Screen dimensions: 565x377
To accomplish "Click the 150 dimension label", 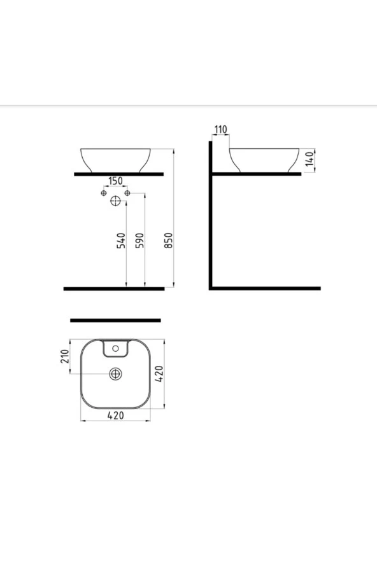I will [x=115, y=181].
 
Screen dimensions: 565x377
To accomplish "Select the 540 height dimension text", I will [x=121, y=241].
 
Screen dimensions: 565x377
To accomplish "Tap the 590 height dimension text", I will [x=140, y=241].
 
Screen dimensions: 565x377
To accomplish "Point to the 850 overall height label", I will [x=169, y=241].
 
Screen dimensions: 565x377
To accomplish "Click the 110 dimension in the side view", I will [x=220, y=130].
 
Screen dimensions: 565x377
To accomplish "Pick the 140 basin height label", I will [x=309, y=160].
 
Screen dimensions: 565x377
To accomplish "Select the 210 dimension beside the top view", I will [x=64, y=357].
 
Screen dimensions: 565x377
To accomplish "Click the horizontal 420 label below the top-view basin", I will [x=115, y=415].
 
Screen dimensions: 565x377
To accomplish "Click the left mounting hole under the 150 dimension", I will [x=104, y=193].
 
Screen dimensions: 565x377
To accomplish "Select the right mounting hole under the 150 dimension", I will [x=127, y=193].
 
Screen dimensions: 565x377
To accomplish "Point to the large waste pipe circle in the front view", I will [x=115, y=201].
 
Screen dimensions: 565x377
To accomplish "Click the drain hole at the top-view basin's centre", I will [x=115, y=374].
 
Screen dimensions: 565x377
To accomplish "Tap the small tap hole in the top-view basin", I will [x=115, y=348].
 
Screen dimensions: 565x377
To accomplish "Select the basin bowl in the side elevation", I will [x=264, y=159].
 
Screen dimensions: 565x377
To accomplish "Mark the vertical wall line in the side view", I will [x=210, y=216].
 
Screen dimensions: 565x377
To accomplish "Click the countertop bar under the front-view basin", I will [x=118, y=174].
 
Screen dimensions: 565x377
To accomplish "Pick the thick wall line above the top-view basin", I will [x=115, y=320].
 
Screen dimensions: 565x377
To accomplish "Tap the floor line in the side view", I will [x=265, y=288].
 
